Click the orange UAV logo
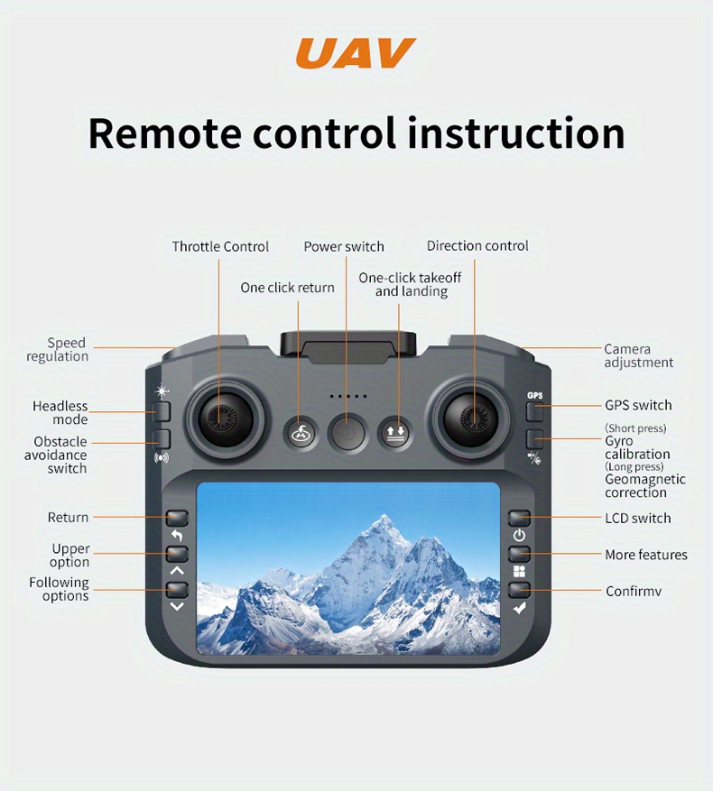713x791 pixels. coord(356,53)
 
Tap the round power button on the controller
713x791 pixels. coord(347,433)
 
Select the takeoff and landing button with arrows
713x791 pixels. coord(395,433)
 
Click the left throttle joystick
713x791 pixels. coord(220,418)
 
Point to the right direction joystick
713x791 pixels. coord(474,418)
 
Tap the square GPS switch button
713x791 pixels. coord(534,411)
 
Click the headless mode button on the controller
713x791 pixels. coord(162,411)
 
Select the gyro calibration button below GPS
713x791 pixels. coord(534,439)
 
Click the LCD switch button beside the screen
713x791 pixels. coord(519,518)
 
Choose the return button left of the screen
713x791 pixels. coord(177,518)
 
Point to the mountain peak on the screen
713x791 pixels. coord(384,518)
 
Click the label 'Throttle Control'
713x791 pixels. coord(220,247)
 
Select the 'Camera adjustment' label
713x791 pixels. coord(638,355)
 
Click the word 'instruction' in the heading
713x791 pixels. coord(516,133)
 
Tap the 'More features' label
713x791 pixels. coord(646,555)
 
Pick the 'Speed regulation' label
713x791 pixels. coord(58,349)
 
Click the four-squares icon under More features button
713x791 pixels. coord(519,571)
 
